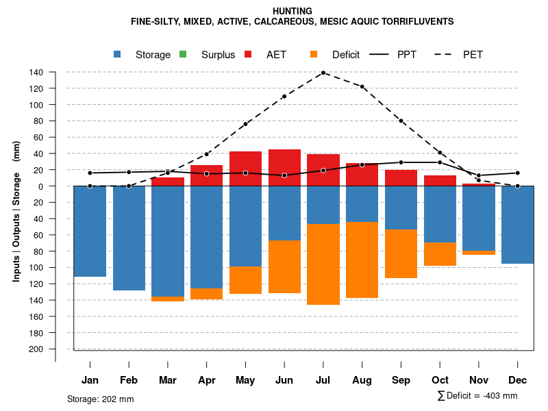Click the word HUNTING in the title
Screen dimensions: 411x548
click(292, 11)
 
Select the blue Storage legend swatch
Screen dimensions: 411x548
click(118, 55)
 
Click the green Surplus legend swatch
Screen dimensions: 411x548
click(183, 55)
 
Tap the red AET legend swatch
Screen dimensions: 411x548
click(248, 55)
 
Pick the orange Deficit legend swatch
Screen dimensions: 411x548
click(314, 55)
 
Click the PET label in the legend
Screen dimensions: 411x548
click(473, 55)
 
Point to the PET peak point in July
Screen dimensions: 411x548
click(323, 73)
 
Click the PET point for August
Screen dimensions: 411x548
click(362, 86)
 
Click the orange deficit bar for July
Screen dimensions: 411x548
click(323, 264)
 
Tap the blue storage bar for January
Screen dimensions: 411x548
click(90, 231)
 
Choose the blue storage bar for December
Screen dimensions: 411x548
click(517, 225)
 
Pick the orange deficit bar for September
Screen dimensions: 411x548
click(401, 253)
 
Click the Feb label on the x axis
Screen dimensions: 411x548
click(129, 380)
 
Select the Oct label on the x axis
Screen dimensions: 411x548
click(440, 380)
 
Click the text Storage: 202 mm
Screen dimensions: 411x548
click(101, 399)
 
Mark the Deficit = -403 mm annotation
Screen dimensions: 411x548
click(477, 396)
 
